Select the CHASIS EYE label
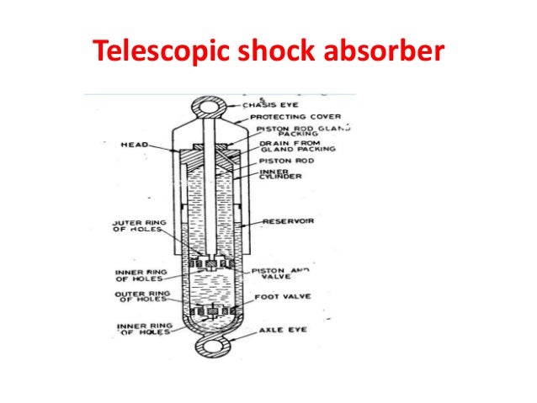(x=266, y=105)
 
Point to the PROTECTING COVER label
(x=279, y=117)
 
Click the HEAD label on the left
(x=133, y=145)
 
